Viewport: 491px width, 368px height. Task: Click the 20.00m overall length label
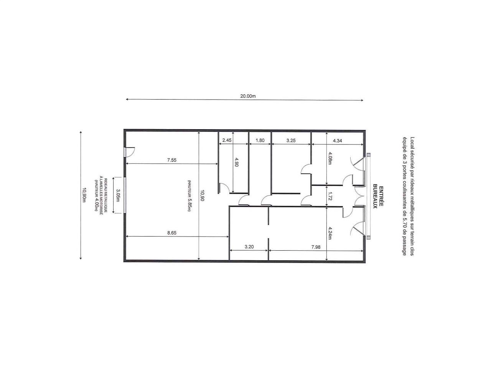(248, 96)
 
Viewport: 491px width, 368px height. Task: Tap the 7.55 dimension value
(172, 160)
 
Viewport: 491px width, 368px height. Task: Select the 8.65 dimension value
(172, 233)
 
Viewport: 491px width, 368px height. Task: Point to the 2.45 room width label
(227, 140)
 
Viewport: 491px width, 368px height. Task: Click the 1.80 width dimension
(260, 140)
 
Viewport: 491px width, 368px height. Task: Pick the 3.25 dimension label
(291, 141)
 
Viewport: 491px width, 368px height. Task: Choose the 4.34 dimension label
(337, 141)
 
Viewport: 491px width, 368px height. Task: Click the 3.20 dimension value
(249, 246)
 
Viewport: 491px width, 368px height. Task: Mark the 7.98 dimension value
(316, 247)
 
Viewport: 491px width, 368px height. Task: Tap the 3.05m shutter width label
(118, 195)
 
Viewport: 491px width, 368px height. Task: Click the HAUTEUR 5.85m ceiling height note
(189, 195)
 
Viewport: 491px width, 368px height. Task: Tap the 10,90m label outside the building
(84, 195)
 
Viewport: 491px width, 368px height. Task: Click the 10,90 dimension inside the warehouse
(202, 195)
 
